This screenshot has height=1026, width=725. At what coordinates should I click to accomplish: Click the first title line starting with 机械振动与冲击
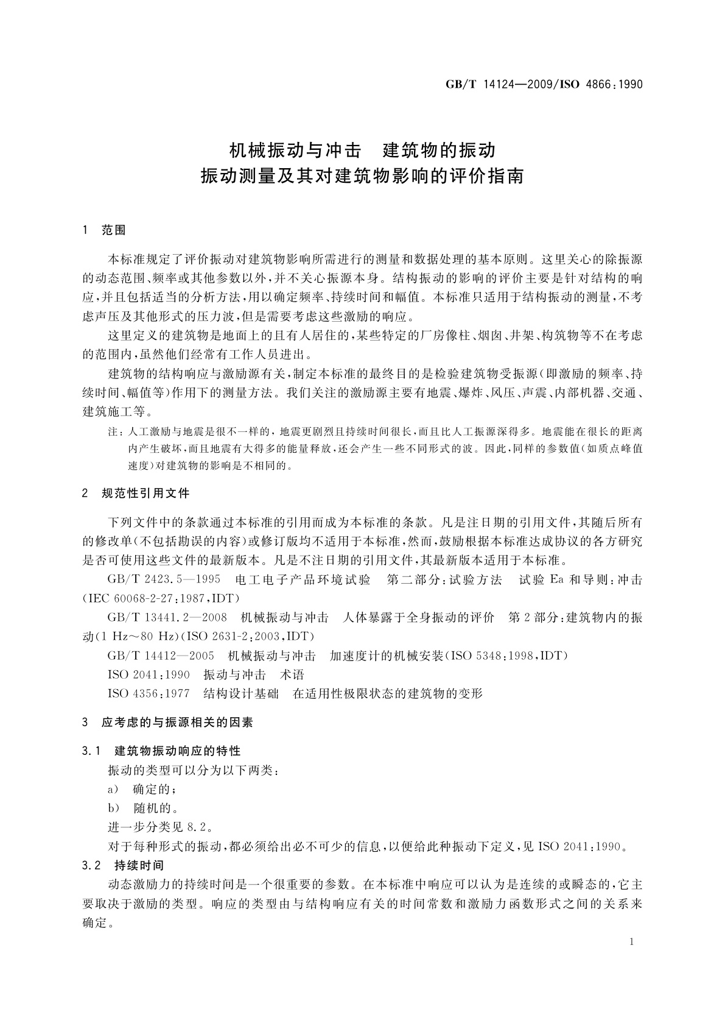click(x=362, y=150)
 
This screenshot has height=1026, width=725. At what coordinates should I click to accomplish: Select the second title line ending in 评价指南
click(x=362, y=177)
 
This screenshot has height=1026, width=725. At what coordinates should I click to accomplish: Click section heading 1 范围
click(x=104, y=230)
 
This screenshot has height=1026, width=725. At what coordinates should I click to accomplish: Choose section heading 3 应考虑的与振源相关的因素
click(x=167, y=723)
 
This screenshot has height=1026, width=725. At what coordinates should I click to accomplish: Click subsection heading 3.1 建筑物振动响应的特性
click(x=161, y=751)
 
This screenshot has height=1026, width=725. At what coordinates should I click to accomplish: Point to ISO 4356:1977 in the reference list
click(x=149, y=693)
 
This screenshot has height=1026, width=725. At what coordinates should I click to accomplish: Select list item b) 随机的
click(x=143, y=808)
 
